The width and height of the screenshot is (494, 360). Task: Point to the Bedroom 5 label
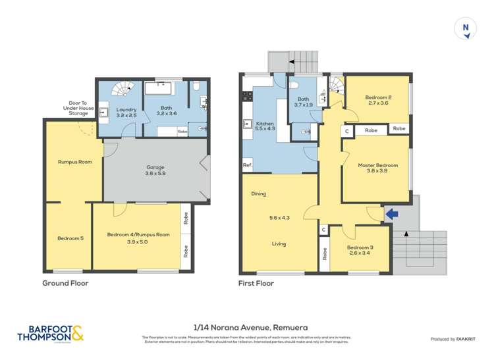coord(70,238)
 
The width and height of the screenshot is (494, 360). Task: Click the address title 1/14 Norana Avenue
coord(250,326)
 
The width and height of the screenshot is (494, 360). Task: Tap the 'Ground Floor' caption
coord(65,284)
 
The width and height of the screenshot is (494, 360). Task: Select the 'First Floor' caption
coord(256,284)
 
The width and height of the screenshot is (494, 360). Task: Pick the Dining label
coord(258,194)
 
